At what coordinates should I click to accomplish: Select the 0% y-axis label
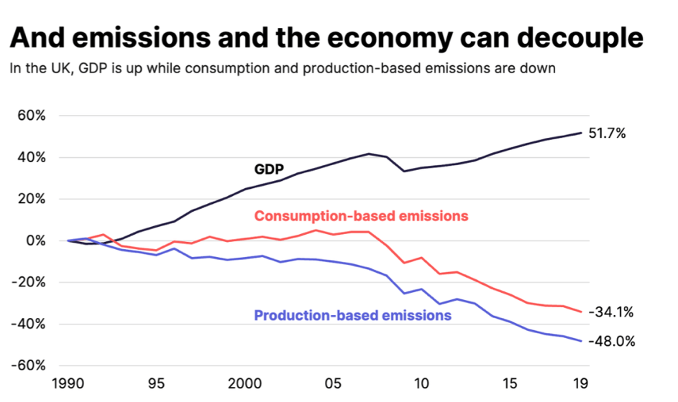pyautogui.click(x=37, y=241)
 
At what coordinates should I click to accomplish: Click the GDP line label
pyautogui.click(x=269, y=170)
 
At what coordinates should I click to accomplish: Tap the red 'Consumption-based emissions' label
pyautogui.click(x=362, y=216)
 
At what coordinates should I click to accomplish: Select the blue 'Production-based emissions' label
pyautogui.click(x=352, y=315)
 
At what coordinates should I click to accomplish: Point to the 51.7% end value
pyautogui.click(x=608, y=134)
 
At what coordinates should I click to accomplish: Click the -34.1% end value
pyautogui.click(x=610, y=312)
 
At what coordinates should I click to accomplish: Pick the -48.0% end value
pyautogui.click(x=611, y=342)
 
